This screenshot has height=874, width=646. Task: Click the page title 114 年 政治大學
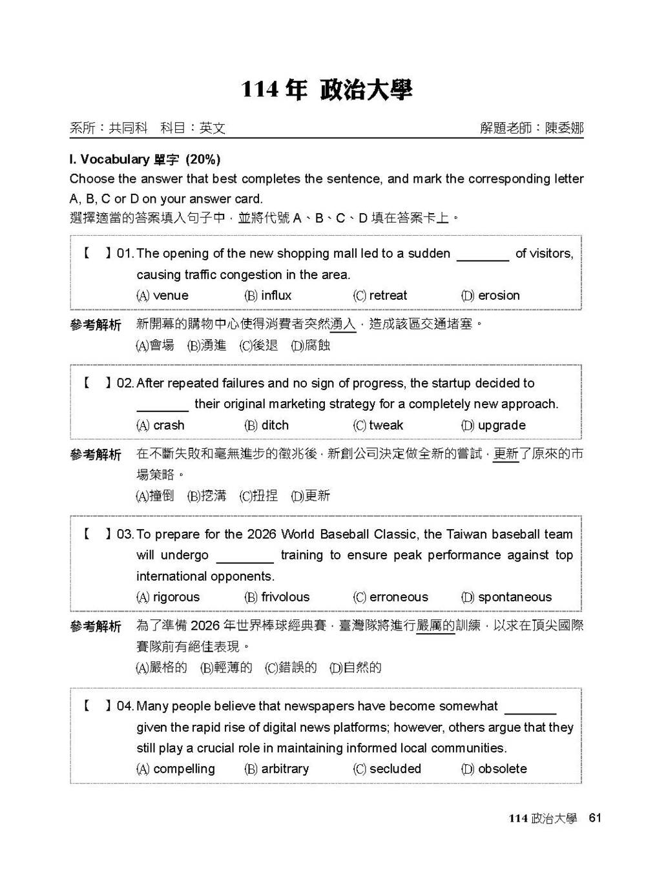326,90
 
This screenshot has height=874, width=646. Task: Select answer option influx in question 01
269,295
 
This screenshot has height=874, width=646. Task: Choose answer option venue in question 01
163,295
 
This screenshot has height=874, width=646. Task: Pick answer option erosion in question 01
491,295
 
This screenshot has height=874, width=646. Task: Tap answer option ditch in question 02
267,425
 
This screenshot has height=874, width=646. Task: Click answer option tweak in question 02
379,425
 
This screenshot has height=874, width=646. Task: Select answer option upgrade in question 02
494,425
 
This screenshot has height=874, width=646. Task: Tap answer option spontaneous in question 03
507,597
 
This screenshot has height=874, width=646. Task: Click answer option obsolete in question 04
495,769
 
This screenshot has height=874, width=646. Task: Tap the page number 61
595,818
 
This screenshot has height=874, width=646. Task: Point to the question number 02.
125,383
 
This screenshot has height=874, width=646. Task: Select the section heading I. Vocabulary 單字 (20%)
145,159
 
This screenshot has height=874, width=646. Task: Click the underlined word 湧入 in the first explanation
343,324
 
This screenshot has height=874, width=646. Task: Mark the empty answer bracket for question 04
97,706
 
